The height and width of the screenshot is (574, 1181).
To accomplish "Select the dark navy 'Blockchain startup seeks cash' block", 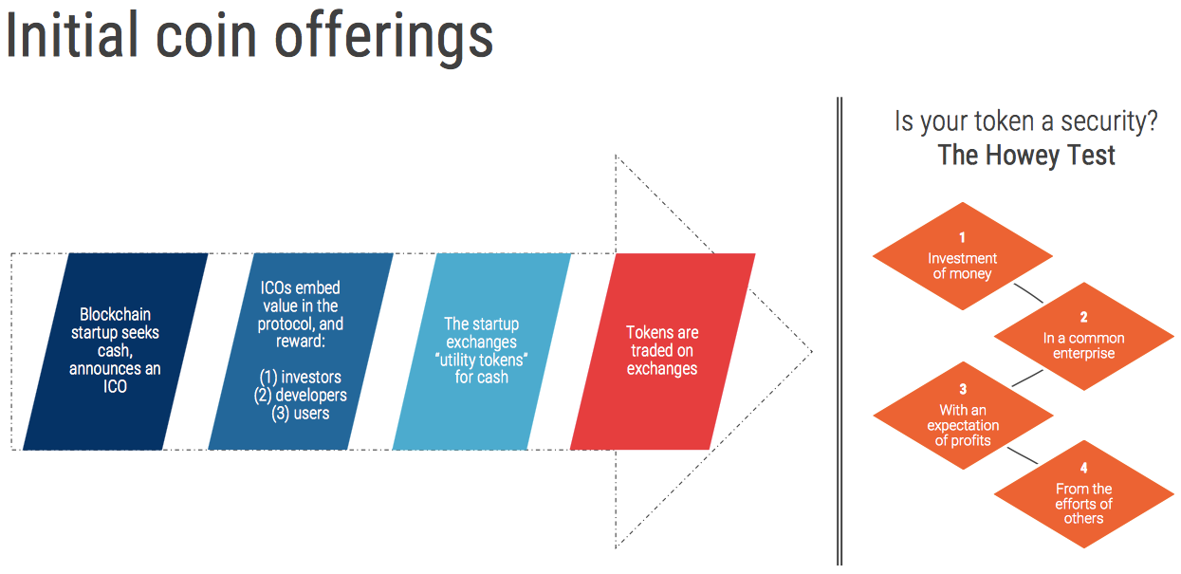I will click(115, 350).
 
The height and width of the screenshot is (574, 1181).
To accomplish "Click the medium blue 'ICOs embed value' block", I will click(301, 350).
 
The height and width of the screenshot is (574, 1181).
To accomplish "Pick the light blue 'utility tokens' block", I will click(482, 350).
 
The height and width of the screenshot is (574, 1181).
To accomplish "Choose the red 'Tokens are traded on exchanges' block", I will click(662, 350).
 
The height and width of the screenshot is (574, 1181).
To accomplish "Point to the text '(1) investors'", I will click(301, 378).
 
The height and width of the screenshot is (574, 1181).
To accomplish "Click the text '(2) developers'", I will click(301, 395).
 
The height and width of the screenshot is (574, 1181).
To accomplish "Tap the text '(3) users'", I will click(301, 413).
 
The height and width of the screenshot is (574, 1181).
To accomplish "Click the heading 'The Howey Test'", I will click(1026, 155).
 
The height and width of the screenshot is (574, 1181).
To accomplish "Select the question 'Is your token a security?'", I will click(1026, 121).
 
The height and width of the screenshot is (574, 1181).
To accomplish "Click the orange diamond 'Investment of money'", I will click(962, 256).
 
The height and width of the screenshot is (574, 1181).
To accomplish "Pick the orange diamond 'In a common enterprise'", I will click(1083, 337).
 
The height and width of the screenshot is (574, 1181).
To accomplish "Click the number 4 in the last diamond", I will click(1083, 469).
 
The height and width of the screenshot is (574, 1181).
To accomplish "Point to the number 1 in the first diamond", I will click(962, 237).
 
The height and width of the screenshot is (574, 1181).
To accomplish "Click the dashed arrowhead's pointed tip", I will click(810, 352).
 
